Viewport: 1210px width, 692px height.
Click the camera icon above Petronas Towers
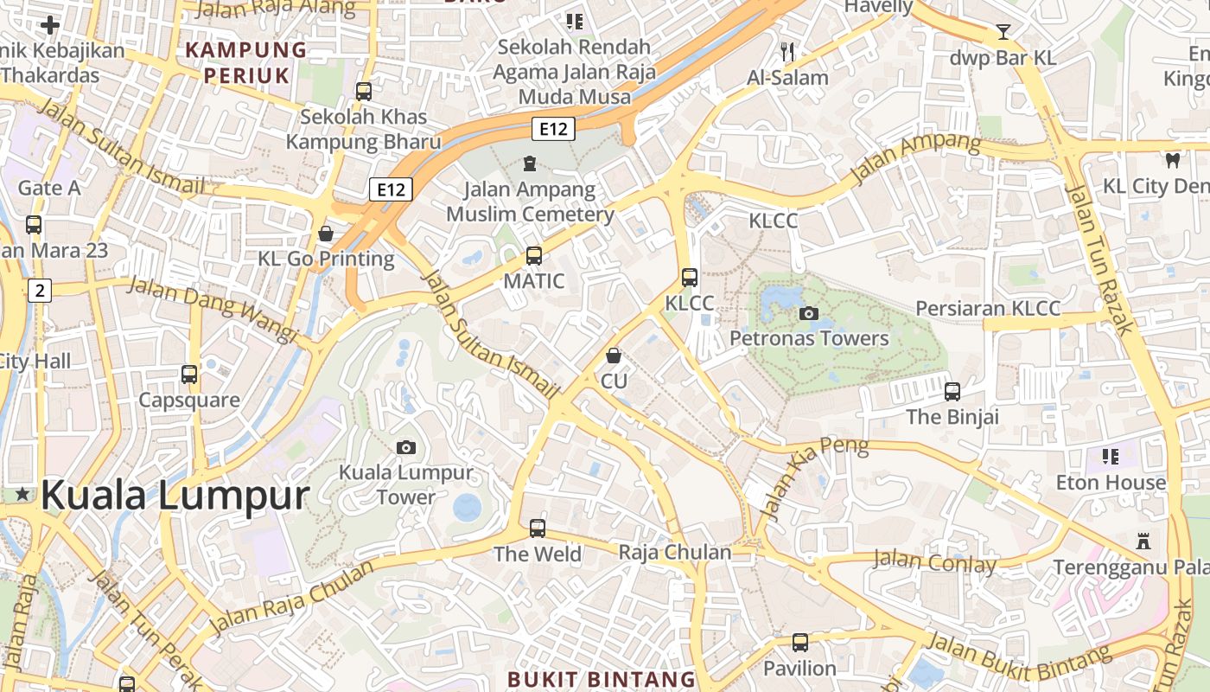pos(809,313)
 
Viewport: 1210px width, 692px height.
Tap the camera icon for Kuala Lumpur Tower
pos(405,447)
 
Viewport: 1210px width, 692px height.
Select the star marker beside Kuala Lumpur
pos(22,494)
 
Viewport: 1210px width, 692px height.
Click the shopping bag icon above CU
pos(614,356)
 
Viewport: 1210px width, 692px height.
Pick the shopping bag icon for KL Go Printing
pos(326,234)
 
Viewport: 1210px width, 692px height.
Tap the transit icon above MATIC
pos(534,256)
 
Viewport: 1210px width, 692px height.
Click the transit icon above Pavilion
pos(800,643)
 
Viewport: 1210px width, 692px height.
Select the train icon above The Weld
pos(538,528)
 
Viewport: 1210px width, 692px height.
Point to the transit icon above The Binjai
pos(952,392)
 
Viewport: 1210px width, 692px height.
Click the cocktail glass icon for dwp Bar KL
pos(1003,32)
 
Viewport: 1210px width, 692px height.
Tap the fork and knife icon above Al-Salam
pos(787,52)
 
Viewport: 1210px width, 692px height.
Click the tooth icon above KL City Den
pos(1173,160)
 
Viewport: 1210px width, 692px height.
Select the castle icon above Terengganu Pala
pos(1143,542)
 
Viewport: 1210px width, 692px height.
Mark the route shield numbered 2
pos(39,291)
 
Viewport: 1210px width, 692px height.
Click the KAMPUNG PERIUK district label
pos(247,62)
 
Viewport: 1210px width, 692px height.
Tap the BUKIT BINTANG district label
pos(602,679)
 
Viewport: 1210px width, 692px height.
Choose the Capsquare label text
pos(189,400)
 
